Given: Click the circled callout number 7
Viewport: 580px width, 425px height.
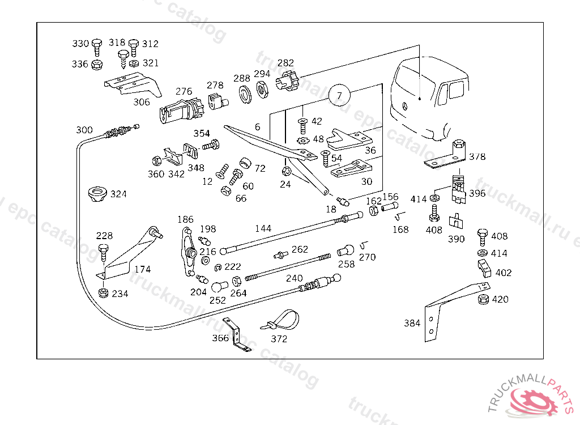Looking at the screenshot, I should [339, 96].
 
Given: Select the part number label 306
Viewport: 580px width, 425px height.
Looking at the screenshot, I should [142, 102].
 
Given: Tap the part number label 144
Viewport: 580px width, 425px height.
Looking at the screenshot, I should [263, 228].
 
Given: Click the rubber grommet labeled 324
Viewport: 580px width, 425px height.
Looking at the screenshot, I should [98, 194].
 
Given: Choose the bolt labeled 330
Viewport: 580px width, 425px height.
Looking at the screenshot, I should [96, 45].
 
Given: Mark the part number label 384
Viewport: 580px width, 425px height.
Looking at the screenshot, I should [412, 323].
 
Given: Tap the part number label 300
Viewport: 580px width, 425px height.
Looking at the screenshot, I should [84, 130].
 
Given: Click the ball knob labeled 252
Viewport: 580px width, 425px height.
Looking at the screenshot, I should [220, 287].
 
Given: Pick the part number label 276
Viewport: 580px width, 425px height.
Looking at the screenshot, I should [184, 91].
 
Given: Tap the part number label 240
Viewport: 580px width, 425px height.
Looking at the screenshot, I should [295, 278].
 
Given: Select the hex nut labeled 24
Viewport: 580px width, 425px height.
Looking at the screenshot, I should [287, 171].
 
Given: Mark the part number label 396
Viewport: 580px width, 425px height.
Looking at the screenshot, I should [477, 193].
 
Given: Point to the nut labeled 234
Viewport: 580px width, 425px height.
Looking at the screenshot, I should [104, 294].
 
